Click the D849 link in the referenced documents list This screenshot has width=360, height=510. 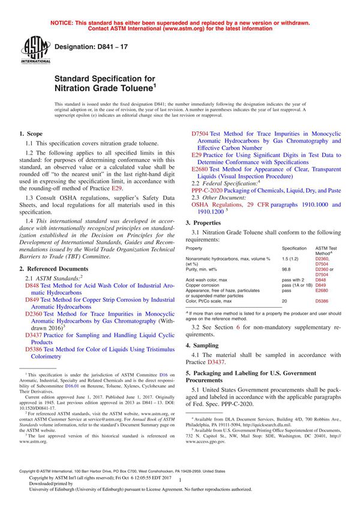coord(32,299)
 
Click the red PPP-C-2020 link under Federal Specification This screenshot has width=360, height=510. coord(209,190)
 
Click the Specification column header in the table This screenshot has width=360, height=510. coord(294,248)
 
